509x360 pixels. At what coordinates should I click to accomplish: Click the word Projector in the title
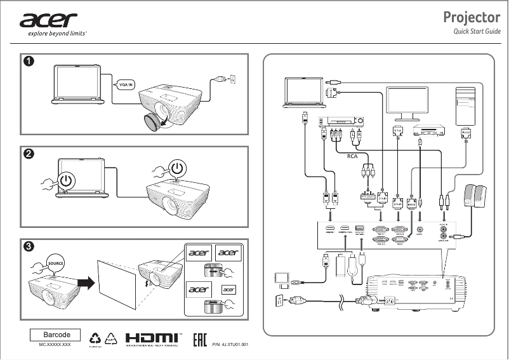tap(472, 17)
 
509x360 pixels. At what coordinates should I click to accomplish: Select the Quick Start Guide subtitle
tap(471, 32)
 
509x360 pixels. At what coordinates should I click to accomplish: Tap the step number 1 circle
tap(29, 62)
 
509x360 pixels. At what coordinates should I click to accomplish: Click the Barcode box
tap(56, 335)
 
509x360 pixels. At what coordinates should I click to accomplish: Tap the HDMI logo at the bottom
tap(152, 339)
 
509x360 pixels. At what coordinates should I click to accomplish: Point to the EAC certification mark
tap(200, 340)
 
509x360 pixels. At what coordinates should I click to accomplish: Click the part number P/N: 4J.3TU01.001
tap(229, 343)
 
